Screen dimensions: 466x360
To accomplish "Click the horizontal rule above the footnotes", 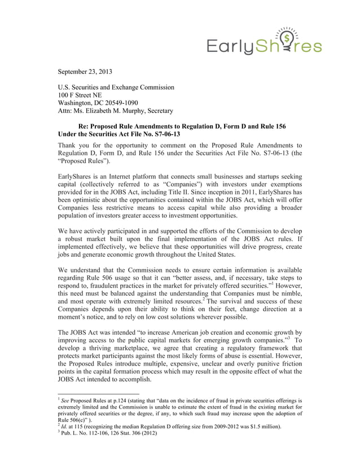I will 98,393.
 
